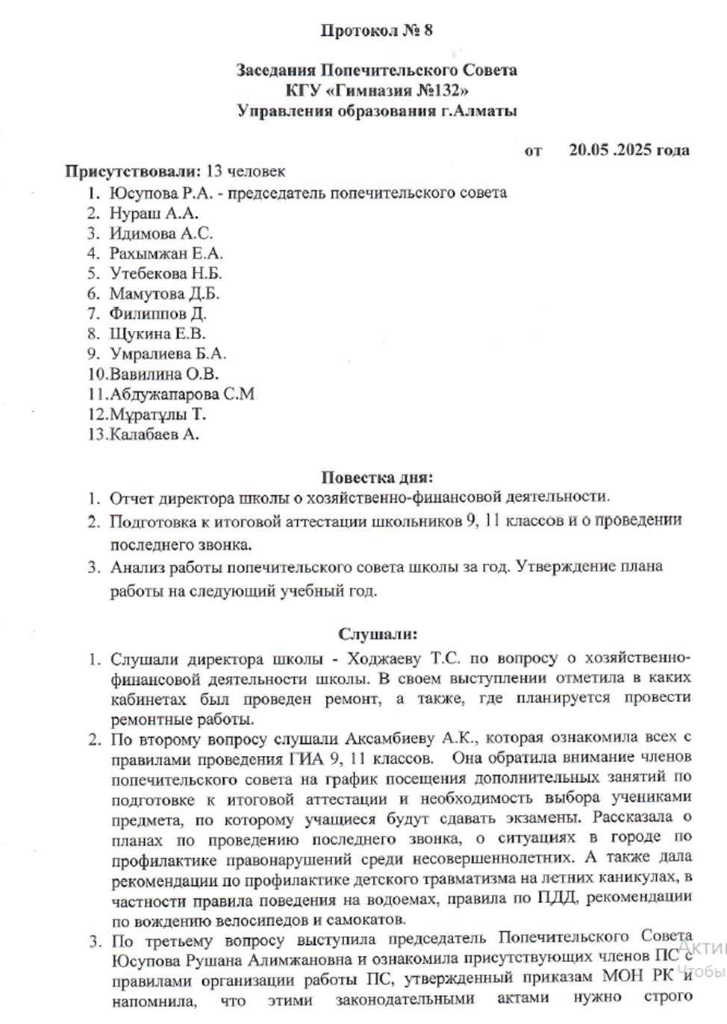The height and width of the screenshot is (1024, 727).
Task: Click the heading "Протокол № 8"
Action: (x=376, y=31)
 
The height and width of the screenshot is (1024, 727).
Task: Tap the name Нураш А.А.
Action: (x=154, y=213)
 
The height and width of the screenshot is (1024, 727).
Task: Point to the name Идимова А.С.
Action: (x=160, y=233)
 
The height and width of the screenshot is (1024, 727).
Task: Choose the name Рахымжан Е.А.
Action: (x=166, y=253)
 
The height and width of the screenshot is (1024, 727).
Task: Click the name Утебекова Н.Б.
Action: (x=166, y=273)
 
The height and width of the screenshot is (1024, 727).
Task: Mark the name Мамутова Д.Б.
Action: (x=164, y=294)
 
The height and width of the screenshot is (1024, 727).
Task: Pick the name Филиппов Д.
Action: (x=157, y=314)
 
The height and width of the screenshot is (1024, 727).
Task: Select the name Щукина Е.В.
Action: (x=157, y=334)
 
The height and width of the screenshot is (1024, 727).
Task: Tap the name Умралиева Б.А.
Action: (x=168, y=354)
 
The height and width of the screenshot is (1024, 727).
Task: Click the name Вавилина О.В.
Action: (x=164, y=374)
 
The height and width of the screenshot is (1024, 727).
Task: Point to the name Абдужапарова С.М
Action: (x=182, y=394)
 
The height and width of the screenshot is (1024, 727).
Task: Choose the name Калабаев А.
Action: (x=155, y=435)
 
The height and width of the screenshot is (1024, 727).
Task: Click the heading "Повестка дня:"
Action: (x=377, y=477)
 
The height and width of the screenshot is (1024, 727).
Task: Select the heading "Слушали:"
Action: (x=378, y=634)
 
